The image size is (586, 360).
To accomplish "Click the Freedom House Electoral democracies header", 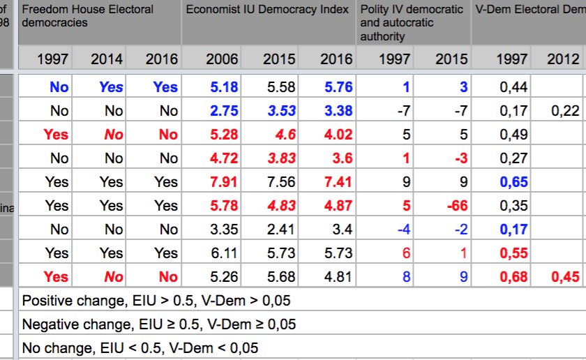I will tap(87, 16).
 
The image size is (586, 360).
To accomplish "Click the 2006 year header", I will tap(222, 59).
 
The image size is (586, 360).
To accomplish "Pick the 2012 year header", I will tap(562, 59).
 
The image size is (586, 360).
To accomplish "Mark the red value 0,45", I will tap(565, 277).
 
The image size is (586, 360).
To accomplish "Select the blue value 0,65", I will tap(513, 182).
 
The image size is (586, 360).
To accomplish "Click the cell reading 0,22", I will tap(565, 111).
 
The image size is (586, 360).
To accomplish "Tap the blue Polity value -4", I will tap(403, 230).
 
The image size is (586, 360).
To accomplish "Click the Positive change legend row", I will tap(156, 301).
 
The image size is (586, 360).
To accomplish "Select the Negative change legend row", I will tap(159, 324).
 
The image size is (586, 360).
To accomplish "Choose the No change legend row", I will tap(140, 347).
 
